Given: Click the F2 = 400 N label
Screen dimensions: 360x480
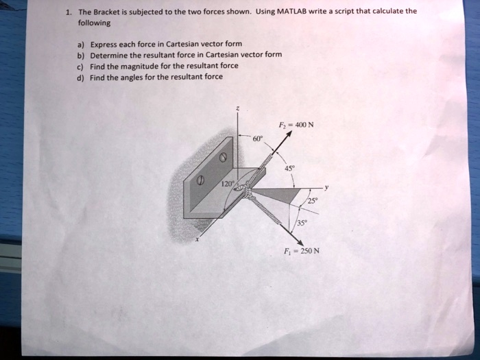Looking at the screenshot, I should [x=296, y=125].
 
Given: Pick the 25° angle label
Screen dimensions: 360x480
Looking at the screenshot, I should [x=313, y=200].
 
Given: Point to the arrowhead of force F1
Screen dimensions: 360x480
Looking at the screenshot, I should [x=296, y=236].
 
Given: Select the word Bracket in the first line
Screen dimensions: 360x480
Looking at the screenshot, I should [x=115, y=12].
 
